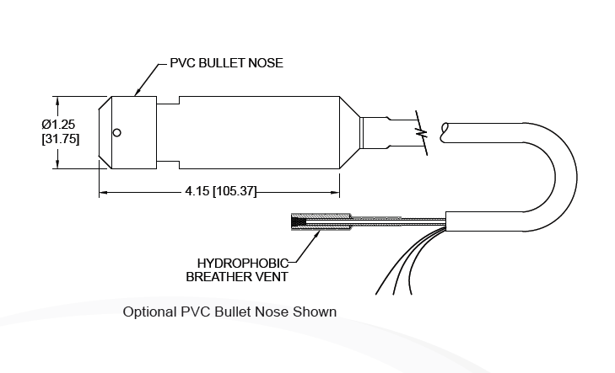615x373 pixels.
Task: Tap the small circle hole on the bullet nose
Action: pyautogui.click(x=118, y=131)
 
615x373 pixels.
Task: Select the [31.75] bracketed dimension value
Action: pyautogui.click(x=61, y=139)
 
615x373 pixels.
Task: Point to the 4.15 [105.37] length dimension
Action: pyautogui.click(x=220, y=192)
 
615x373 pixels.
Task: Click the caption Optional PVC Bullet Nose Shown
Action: pyautogui.click(x=229, y=312)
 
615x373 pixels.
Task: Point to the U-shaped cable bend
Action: pyautogui.click(x=561, y=177)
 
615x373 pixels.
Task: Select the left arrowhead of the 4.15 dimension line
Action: pyautogui.click(x=103, y=193)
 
